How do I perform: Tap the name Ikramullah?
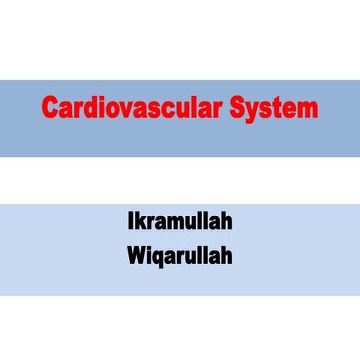click(180, 223)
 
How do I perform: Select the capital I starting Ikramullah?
click(130, 223)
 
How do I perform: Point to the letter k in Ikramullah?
click(139, 223)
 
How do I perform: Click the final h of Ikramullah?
click(226, 223)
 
